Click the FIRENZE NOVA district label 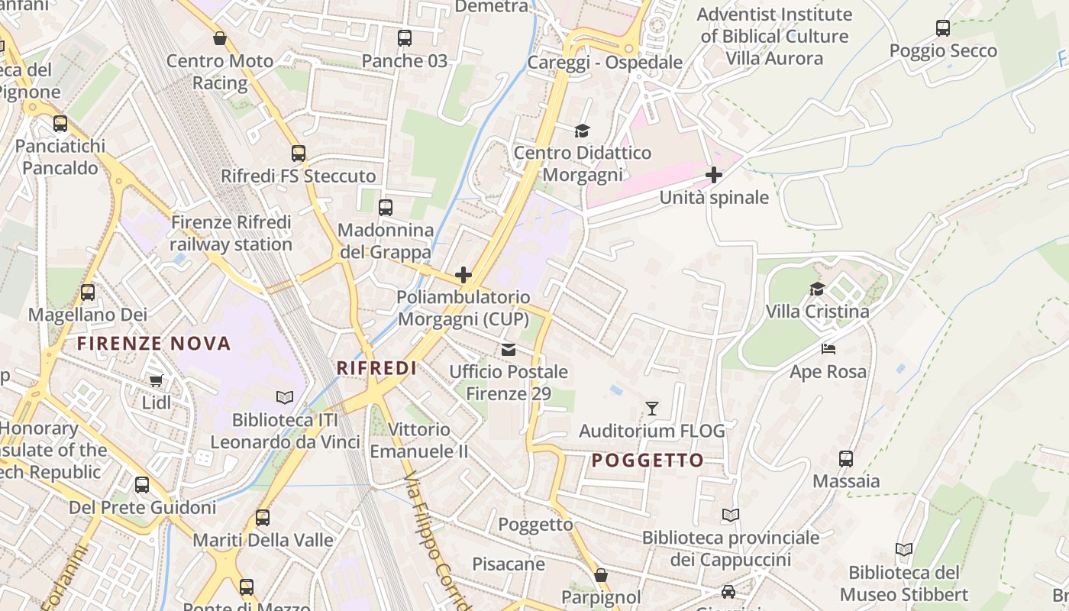point(153,344)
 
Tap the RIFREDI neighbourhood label point(376,368)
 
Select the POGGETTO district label point(648,460)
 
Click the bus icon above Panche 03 point(405,37)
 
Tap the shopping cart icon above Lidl point(157,380)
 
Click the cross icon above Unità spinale point(714,175)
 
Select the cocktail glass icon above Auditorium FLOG point(652,408)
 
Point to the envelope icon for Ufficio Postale point(509,349)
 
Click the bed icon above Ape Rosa point(828,349)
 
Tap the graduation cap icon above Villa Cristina point(817,289)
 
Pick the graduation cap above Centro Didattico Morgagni point(583,130)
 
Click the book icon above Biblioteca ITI point(285,397)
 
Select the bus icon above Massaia point(846,458)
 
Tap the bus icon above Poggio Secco point(943,28)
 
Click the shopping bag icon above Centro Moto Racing point(220,38)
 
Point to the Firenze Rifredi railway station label point(231,233)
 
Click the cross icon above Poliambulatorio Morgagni point(463,275)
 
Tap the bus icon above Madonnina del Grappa point(386,207)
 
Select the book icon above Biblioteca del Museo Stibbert point(904,549)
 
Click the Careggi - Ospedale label point(605,63)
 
